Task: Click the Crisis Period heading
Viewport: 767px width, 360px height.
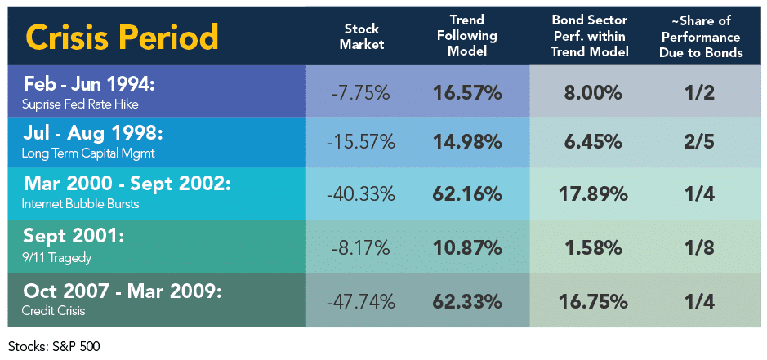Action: [x=122, y=38]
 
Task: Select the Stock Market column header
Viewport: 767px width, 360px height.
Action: [x=362, y=36]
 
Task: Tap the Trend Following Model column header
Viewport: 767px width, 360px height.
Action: [x=467, y=36]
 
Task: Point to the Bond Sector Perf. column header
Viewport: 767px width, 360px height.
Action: [x=590, y=36]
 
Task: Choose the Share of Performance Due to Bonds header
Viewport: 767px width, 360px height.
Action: [x=701, y=36]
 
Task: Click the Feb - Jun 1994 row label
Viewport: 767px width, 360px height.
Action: [x=89, y=83]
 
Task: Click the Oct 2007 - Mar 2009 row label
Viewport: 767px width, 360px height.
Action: [x=123, y=291]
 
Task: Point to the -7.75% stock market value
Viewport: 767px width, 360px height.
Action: [x=360, y=93]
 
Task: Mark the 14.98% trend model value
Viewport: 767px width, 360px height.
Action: [x=467, y=142]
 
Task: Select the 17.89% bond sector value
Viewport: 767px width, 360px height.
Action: [x=593, y=194]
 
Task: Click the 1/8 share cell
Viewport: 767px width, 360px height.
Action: [x=701, y=248]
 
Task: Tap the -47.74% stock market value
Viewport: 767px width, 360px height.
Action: [x=360, y=302]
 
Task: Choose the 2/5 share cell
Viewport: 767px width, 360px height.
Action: [x=701, y=142]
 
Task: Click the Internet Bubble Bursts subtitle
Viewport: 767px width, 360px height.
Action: [x=80, y=203]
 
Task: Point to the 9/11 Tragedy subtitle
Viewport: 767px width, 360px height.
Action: [x=56, y=257]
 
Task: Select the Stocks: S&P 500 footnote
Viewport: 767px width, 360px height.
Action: [x=54, y=347]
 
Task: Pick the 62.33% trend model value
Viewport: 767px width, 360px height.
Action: [x=467, y=302]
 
